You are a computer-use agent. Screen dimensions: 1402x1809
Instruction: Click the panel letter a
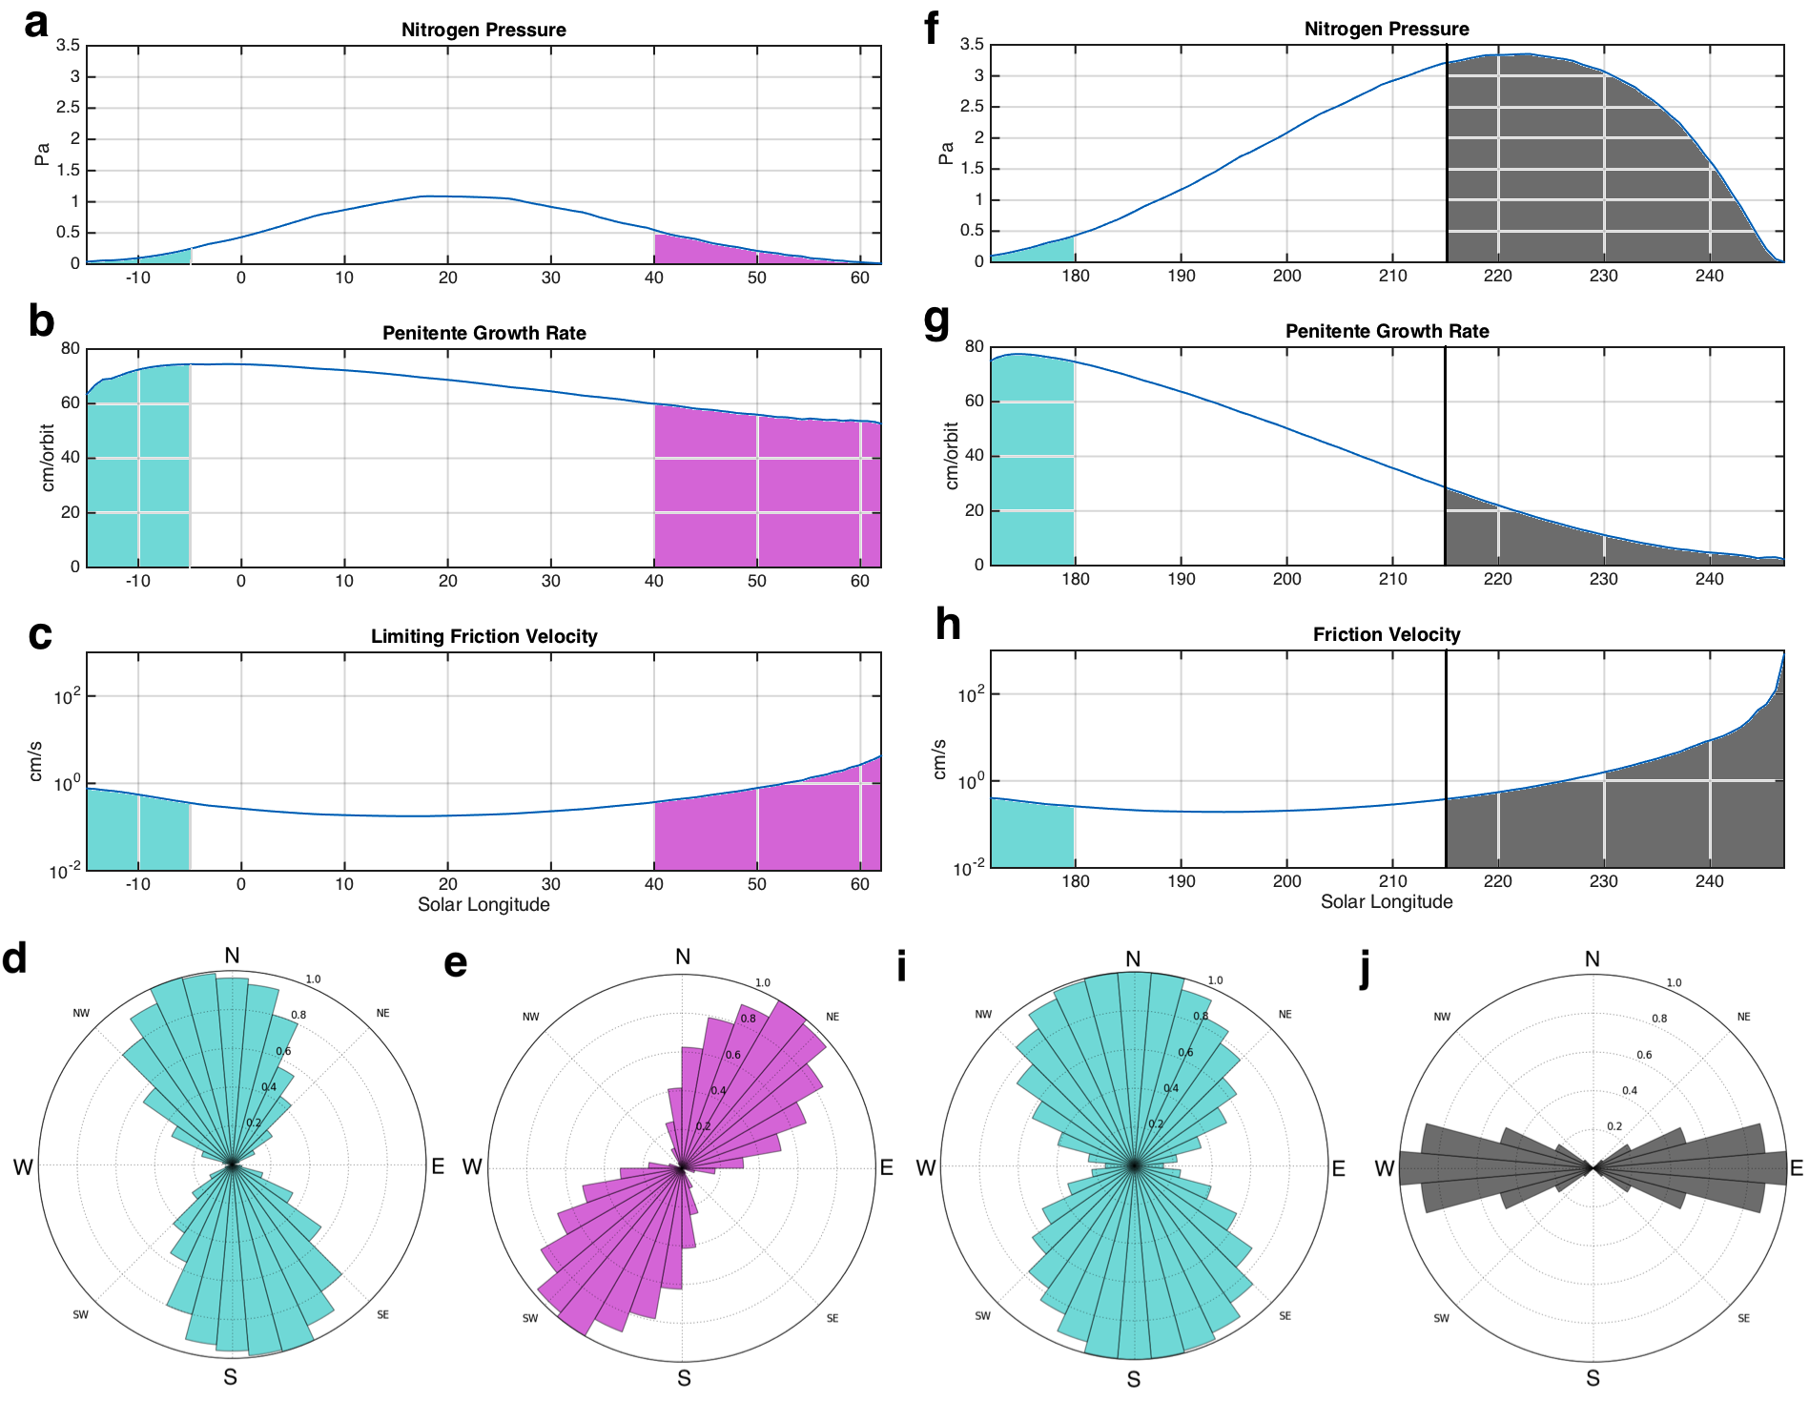pos(36,23)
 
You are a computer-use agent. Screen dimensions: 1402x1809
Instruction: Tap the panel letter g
pos(936,321)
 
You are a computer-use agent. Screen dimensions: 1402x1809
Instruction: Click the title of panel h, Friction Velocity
pos(1386,634)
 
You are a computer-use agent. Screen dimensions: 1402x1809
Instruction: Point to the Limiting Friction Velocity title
pos(483,636)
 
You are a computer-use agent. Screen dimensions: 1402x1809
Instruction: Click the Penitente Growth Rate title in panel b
pos(483,333)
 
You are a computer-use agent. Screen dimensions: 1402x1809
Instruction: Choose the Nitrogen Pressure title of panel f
pos(1386,29)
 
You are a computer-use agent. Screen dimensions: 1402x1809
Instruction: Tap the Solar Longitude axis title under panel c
pos(483,904)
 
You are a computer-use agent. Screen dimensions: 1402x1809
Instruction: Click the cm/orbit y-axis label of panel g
pos(951,456)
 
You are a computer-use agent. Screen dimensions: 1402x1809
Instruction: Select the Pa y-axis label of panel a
pos(42,155)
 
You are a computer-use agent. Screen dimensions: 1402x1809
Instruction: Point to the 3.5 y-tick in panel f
pos(972,44)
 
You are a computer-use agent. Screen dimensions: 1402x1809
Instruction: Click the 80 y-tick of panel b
pos(71,348)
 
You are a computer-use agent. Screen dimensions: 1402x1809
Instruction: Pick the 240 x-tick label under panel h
pos(1709,881)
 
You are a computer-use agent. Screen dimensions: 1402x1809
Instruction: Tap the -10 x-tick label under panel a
pos(137,278)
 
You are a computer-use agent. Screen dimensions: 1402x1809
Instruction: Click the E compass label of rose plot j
pos(1796,1168)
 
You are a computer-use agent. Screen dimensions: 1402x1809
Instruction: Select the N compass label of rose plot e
pos(683,957)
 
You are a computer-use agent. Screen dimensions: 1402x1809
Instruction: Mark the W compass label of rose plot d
pos(23,1166)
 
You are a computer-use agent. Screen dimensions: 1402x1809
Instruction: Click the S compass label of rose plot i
pos(1133,1379)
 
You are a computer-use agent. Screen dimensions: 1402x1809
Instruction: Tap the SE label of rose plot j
pos(1743,1318)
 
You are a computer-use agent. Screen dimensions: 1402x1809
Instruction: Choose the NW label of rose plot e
pos(530,1017)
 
